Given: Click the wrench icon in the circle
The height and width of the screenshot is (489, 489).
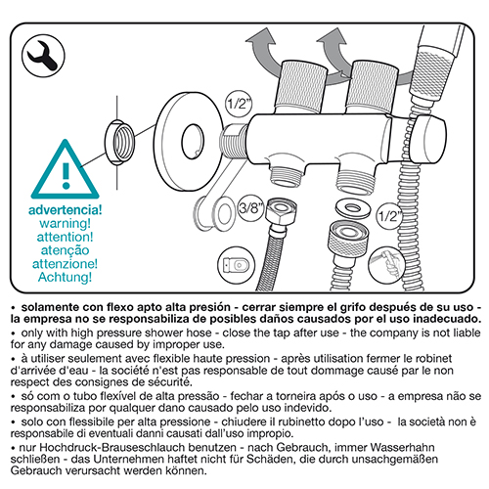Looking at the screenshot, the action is (43, 56).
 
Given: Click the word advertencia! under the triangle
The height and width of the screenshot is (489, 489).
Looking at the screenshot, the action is (66, 210).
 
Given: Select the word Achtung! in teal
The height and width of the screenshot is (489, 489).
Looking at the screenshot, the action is (65, 277).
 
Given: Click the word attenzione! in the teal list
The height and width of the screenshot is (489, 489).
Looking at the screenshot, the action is (65, 263).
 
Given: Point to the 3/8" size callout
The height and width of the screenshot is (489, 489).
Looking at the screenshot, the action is (250, 207).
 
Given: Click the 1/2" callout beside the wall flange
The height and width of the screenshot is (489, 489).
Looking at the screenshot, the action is (239, 104).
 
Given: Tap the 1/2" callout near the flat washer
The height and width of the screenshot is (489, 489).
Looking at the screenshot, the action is (389, 215).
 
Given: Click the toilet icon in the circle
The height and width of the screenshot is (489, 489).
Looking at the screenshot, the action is (237, 265).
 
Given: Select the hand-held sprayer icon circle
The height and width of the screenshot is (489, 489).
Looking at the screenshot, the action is (387, 265).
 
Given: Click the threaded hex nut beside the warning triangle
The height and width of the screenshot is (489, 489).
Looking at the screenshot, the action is (119, 142).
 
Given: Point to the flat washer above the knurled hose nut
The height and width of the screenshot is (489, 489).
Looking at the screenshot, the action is (353, 208).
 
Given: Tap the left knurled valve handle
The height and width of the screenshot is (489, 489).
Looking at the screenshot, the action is (301, 86).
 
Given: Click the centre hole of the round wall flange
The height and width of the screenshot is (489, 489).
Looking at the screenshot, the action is (193, 142).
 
